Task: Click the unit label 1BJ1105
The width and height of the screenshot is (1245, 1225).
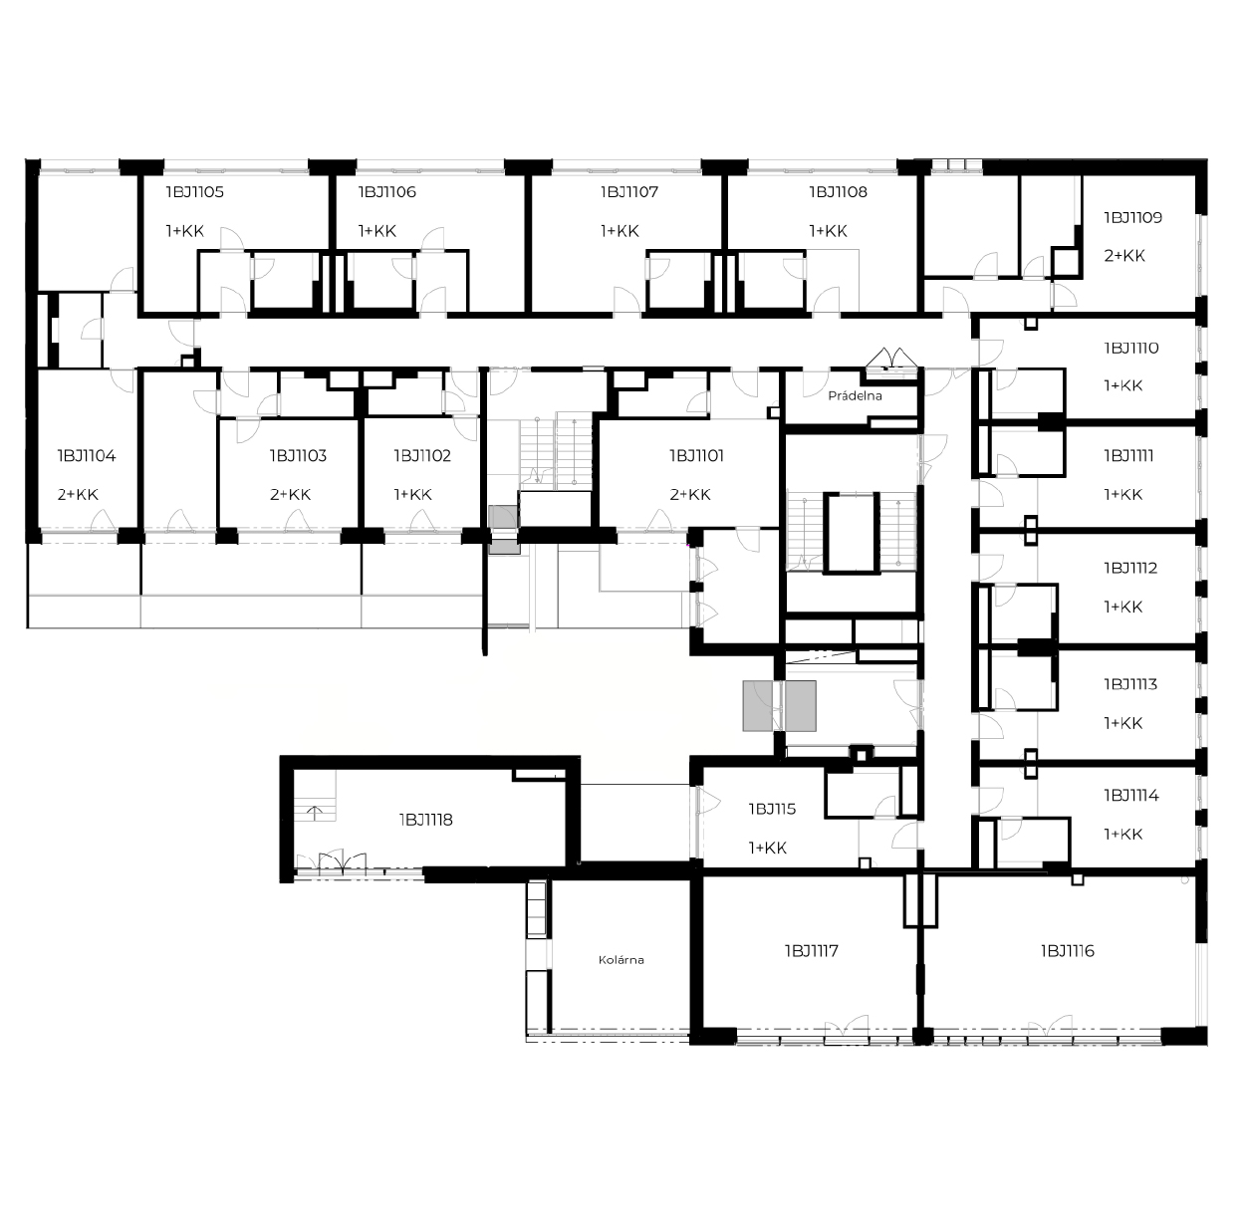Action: click(x=194, y=192)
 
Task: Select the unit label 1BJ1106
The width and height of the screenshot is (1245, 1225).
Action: click(x=387, y=192)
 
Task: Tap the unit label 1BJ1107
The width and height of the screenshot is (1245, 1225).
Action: click(x=629, y=192)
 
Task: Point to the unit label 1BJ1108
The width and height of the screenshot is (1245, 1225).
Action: click(x=838, y=192)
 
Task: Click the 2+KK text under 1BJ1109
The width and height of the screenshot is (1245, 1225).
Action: click(x=1124, y=256)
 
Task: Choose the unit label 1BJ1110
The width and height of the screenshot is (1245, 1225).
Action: click(x=1131, y=349)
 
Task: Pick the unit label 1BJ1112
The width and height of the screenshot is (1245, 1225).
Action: click(x=1130, y=568)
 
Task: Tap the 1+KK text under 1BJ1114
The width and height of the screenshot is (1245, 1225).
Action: click(x=1122, y=835)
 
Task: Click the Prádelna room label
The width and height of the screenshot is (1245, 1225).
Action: click(x=855, y=395)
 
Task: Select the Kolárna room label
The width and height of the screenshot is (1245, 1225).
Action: click(x=621, y=960)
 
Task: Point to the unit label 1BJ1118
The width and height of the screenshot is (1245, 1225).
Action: click(x=425, y=820)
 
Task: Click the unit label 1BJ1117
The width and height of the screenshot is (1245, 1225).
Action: click(x=812, y=951)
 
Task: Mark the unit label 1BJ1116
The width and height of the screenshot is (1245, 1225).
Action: click(x=1068, y=951)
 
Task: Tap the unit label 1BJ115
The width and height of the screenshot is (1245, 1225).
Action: click(x=772, y=809)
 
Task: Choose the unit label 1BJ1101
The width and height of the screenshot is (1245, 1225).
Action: click(x=696, y=456)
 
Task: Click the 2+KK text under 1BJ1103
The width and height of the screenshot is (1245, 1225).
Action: click(x=290, y=495)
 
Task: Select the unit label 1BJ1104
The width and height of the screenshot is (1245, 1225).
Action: click(x=87, y=456)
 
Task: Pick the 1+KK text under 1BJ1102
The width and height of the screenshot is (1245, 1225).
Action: click(x=413, y=495)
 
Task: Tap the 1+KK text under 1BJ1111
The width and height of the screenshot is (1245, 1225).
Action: click(x=1122, y=495)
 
